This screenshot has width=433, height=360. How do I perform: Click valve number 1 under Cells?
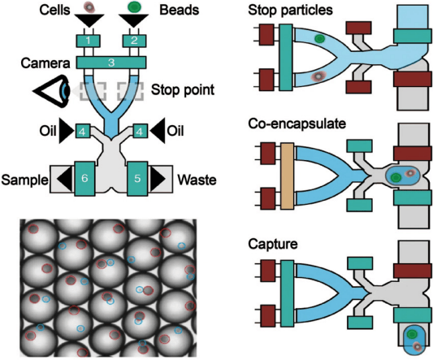(x=88, y=41)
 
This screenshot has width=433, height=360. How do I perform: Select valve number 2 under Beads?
(x=134, y=41)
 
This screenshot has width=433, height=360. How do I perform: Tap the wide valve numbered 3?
(x=111, y=63)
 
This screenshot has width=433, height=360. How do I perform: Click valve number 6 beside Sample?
(x=84, y=179)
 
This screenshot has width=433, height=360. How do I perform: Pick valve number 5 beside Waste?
(x=137, y=179)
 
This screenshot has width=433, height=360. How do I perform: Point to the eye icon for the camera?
(x=51, y=91)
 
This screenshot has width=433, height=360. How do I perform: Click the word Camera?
(x=45, y=63)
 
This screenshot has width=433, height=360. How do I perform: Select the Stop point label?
(x=183, y=90)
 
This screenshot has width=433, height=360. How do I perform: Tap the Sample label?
(x=24, y=180)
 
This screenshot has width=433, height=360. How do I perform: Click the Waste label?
(x=197, y=180)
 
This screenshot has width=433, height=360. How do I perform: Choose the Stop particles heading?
(x=290, y=11)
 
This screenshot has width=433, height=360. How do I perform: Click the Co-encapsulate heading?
(x=297, y=124)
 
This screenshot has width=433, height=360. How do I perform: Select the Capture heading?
(x=273, y=245)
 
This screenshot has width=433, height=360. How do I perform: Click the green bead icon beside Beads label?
(x=134, y=7)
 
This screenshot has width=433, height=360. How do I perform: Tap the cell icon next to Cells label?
(x=89, y=7)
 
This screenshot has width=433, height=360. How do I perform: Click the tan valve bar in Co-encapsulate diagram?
(x=288, y=176)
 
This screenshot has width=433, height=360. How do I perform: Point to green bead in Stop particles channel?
(x=319, y=39)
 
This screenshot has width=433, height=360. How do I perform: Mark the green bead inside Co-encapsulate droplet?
(x=396, y=178)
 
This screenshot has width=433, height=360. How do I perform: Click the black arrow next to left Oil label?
(x=67, y=130)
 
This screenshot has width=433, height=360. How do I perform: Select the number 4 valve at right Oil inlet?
(x=140, y=131)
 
